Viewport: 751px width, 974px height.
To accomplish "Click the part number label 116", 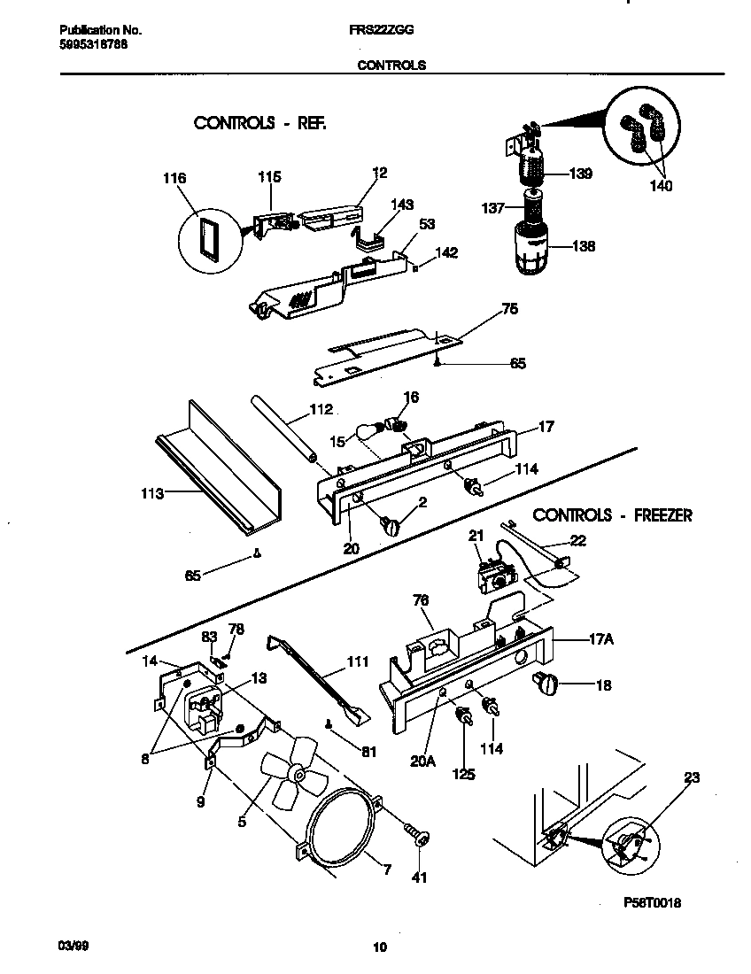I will click(174, 179).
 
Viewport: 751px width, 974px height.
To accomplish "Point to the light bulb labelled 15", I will click(368, 430).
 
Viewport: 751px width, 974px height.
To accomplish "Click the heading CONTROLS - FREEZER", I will click(612, 514).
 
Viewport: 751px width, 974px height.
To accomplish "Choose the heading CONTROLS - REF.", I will click(259, 123).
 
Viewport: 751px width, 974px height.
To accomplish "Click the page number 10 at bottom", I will click(379, 947).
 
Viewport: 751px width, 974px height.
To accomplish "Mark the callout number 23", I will click(692, 778).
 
